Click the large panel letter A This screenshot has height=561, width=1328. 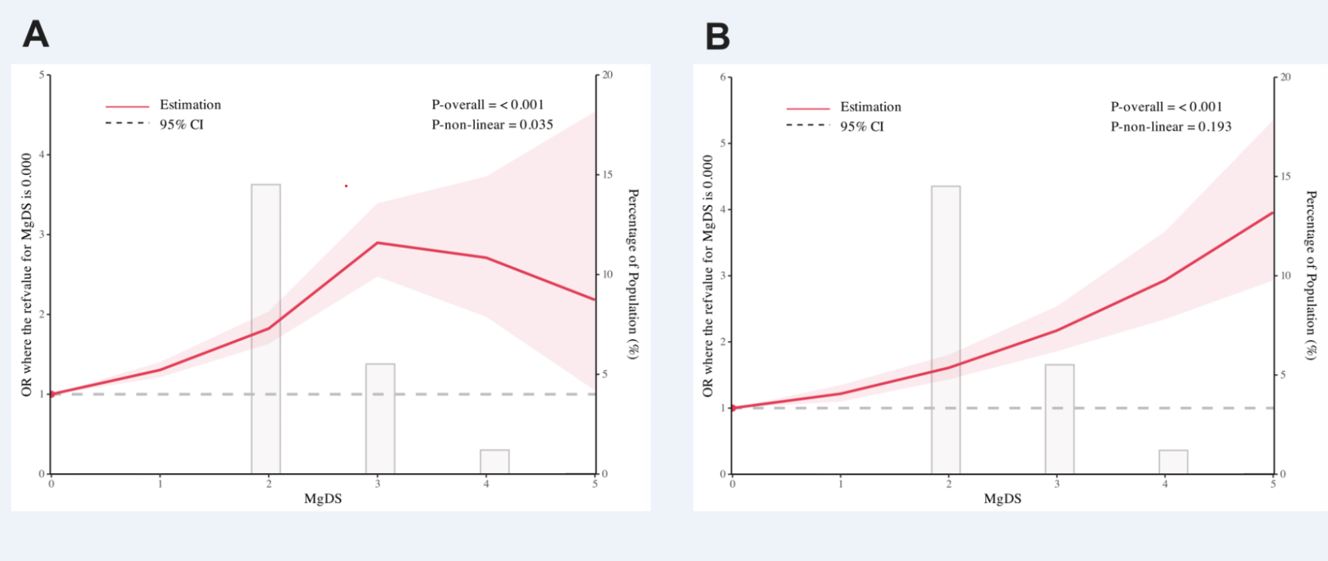[x=36, y=34]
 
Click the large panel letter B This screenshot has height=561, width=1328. [x=718, y=36]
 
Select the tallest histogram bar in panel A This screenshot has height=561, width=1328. [x=266, y=328]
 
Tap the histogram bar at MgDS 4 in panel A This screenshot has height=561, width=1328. [x=495, y=462]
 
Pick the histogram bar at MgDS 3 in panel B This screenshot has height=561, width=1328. [x=1059, y=419]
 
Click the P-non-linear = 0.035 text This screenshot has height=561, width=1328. [x=492, y=125]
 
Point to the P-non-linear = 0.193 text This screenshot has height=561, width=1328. [x=1171, y=127]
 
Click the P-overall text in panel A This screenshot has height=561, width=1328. [x=487, y=104]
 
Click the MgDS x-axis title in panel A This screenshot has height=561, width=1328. [x=323, y=499]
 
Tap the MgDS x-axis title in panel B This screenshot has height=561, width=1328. [x=1002, y=499]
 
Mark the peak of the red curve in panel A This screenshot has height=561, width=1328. [x=378, y=243]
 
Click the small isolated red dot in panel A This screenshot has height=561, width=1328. [x=346, y=186]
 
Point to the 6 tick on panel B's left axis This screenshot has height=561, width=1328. [x=723, y=77]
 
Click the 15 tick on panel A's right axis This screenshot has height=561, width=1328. [x=606, y=174]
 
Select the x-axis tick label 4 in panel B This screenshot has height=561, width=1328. [x=1165, y=484]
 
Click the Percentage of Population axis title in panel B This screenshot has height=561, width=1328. [x=1310, y=275]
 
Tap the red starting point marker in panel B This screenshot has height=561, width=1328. [x=733, y=408]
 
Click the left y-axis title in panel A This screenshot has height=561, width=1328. [x=26, y=275]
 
